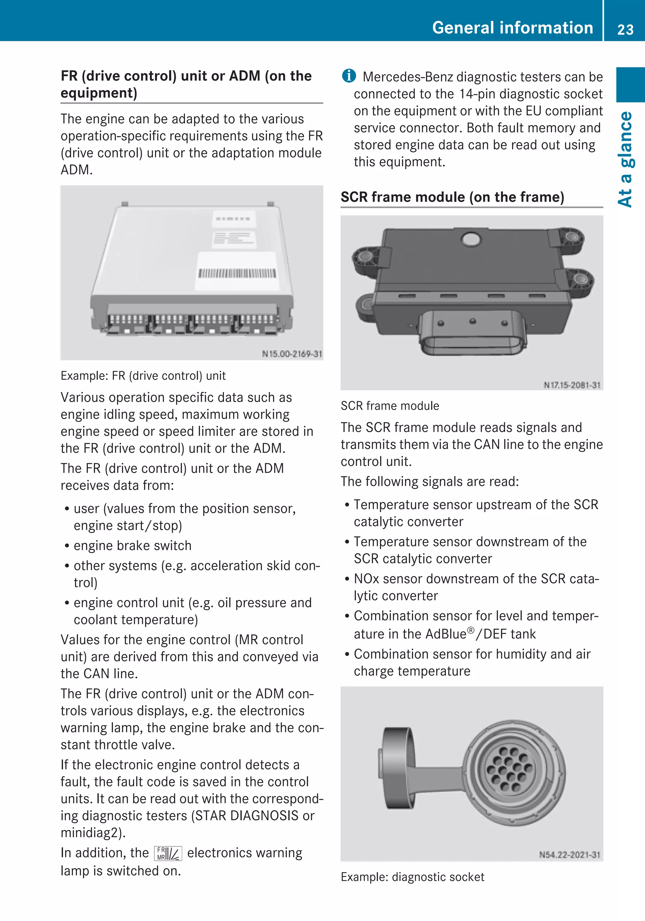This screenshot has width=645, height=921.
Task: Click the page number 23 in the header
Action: [625, 29]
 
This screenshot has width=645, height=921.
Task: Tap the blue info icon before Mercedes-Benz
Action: [349, 76]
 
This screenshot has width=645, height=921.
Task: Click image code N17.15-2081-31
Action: [572, 385]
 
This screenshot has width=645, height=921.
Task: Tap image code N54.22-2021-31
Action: [570, 855]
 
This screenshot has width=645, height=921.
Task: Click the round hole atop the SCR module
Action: [471, 240]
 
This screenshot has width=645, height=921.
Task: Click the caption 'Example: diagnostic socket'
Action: [412, 877]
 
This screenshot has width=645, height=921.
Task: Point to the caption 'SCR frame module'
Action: [390, 406]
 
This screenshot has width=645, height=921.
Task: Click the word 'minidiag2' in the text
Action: [91, 833]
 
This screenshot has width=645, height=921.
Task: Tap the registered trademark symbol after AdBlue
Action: [471, 630]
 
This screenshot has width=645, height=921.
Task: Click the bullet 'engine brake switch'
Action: [132, 546]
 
